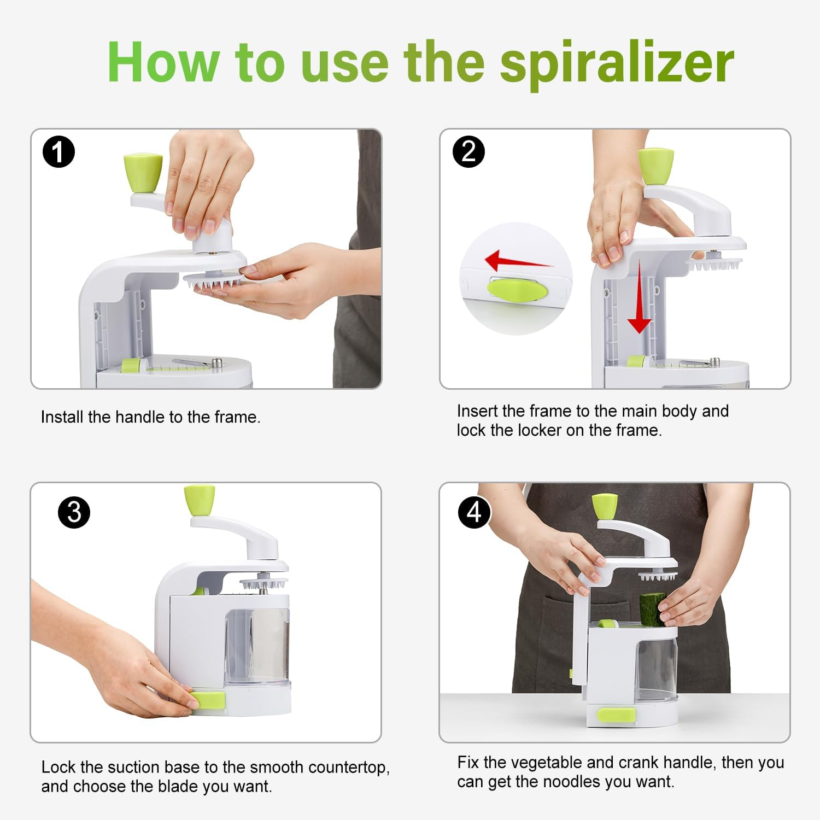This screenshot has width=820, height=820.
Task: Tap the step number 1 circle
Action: tap(58, 152)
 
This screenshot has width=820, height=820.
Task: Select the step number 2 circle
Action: tap(468, 151)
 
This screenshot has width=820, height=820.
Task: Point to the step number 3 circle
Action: tap(74, 512)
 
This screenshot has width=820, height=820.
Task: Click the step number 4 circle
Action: tap(474, 512)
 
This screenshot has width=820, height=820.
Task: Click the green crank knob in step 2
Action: tap(655, 166)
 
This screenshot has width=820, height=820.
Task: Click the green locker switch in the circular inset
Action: tap(516, 289)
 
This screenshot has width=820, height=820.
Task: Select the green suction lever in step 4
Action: tap(616, 714)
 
